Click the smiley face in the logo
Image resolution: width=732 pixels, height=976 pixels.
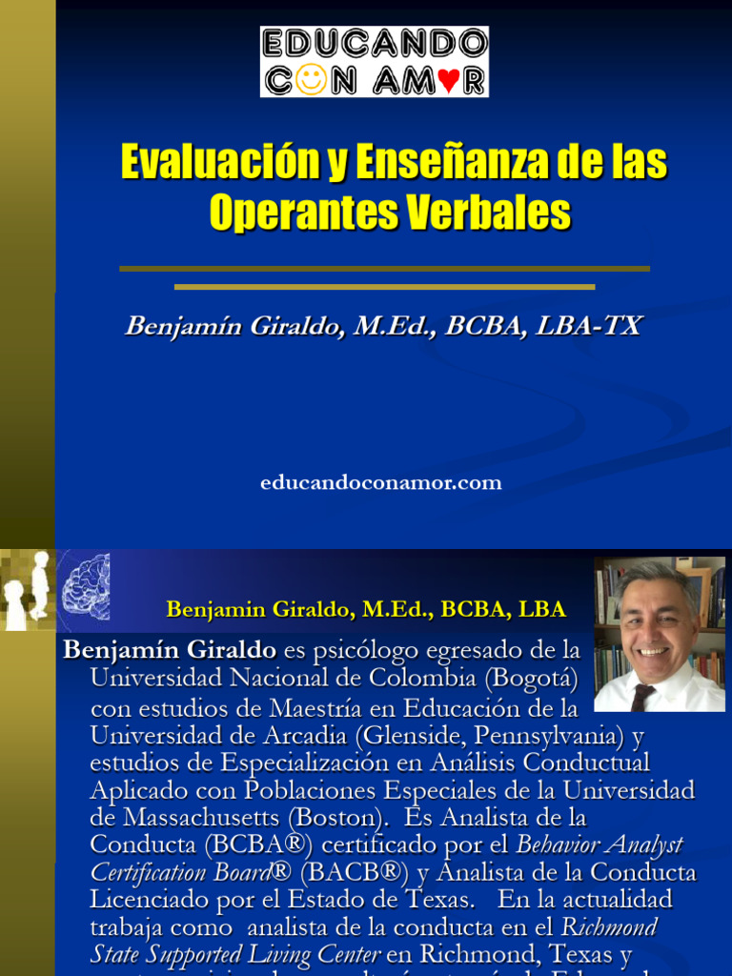[x=312, y=78]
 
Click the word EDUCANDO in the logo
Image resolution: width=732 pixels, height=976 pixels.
[x=375, y=44]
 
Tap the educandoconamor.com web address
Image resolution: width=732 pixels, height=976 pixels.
[x=380, y=483]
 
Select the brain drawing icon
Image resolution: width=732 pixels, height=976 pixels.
[x=86, y=587]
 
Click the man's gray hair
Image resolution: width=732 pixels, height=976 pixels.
[x=657, y=576]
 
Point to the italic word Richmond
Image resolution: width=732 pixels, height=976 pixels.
[x=610, y=927]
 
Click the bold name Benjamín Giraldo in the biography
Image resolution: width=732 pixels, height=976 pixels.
[x=170, y=651]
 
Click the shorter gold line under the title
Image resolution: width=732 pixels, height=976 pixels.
[x=384, y=286]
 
